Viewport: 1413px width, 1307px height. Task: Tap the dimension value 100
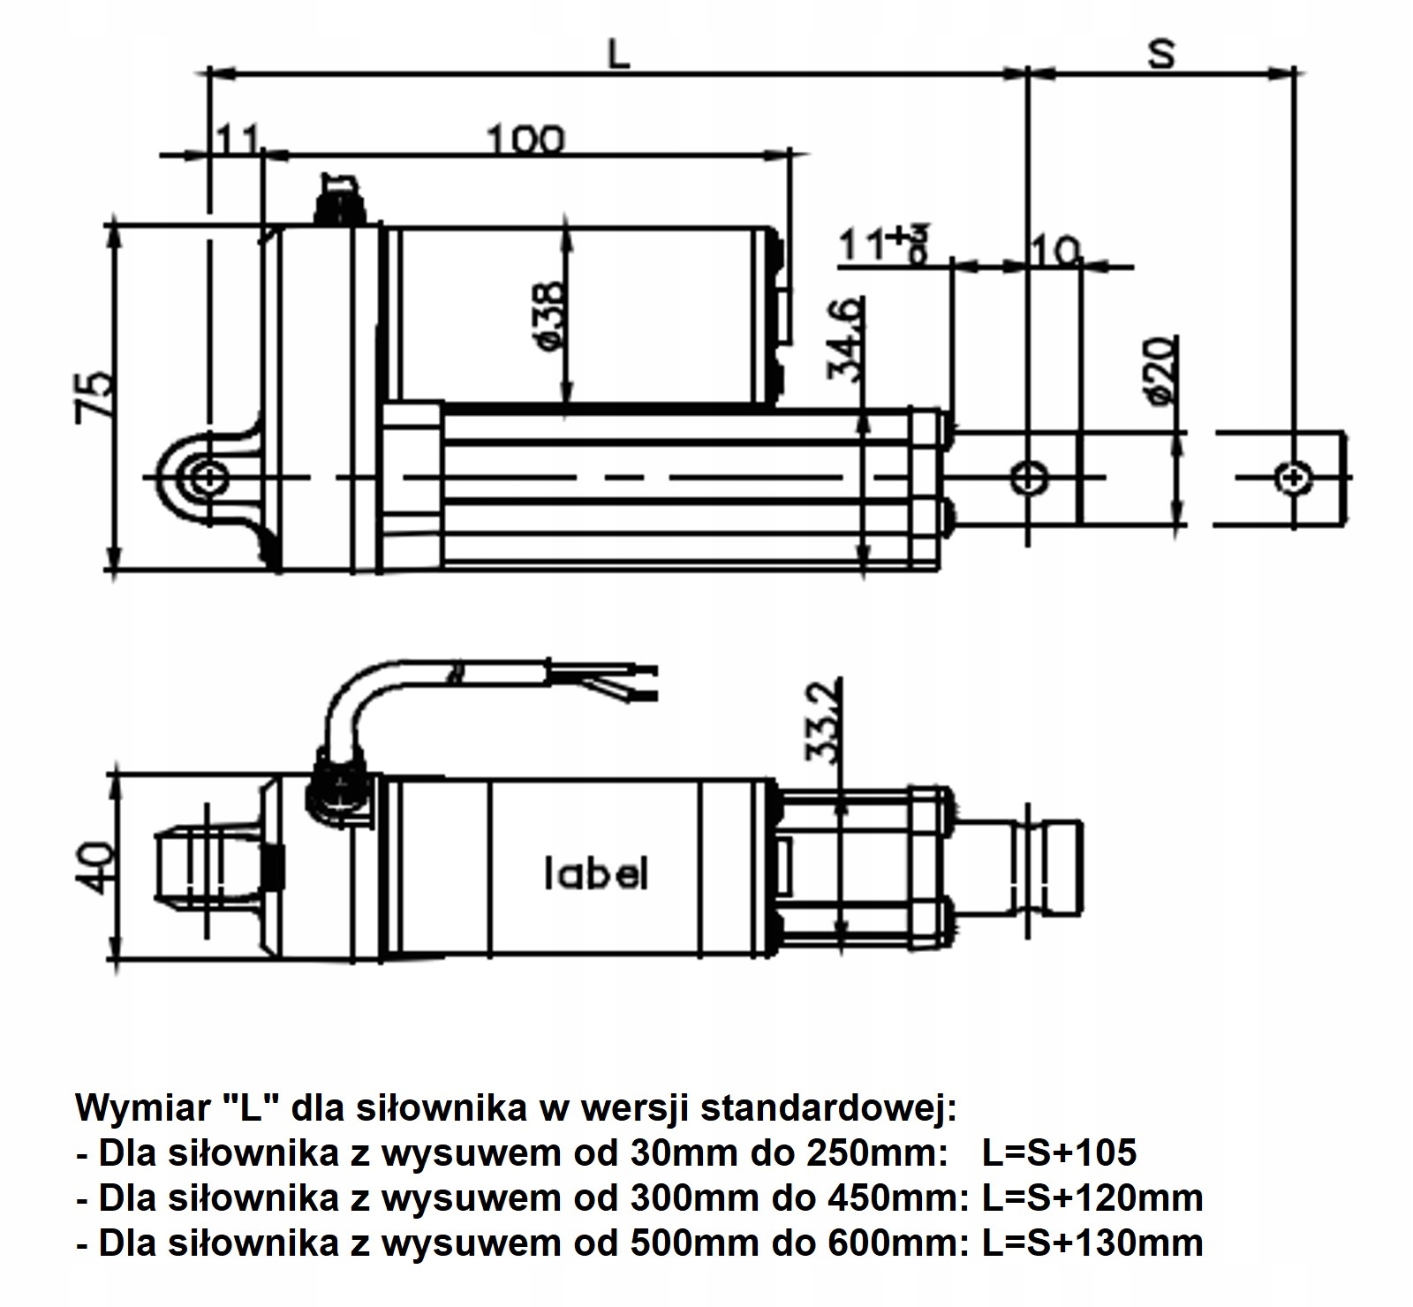[524, 140]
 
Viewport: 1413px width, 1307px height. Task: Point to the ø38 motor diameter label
[548, 315]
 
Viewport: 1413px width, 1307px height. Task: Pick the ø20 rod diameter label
[1160, 369]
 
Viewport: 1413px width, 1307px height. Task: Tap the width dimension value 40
[95, 868]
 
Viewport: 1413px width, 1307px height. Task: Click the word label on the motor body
[594, 873]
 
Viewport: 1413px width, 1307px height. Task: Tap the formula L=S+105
[1059, 1152]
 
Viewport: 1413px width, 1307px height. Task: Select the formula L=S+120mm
[1092, 1197]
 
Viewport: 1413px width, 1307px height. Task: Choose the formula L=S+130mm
[1092, 1243]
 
